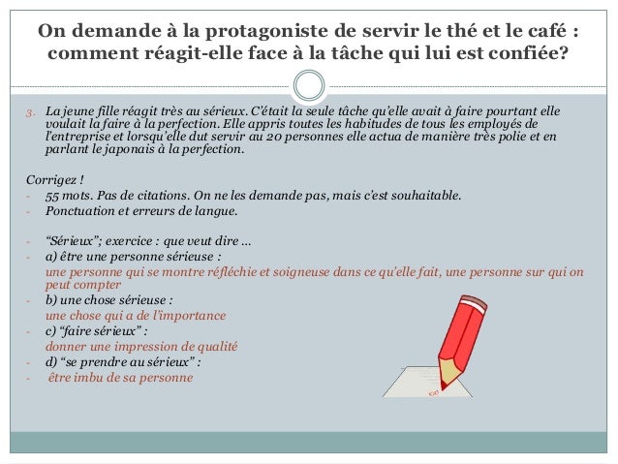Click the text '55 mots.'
tap(71, 197)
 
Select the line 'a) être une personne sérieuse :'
tap(121, 257)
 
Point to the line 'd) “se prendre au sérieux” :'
tap(123, 361)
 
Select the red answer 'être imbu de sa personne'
tap(120, 377)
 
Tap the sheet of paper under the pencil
tap(407, 382)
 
